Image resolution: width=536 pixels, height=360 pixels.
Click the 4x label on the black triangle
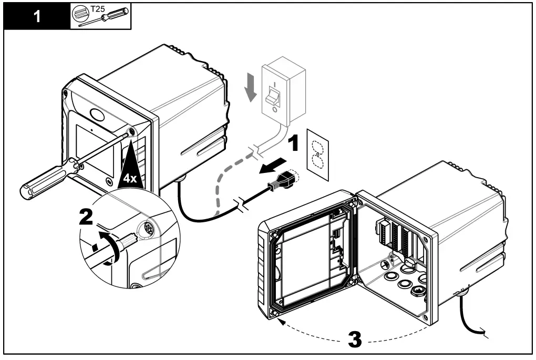tap(129, 178)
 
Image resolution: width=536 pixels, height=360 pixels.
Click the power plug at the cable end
tap(284, 182)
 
